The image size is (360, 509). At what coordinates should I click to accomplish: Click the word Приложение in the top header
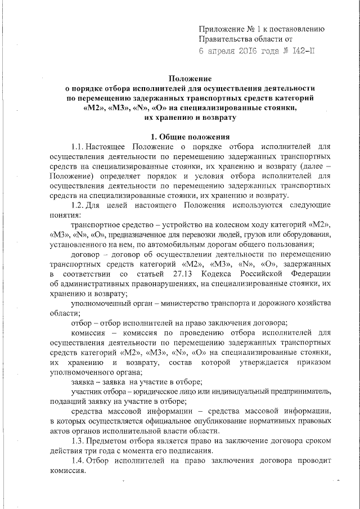(224, 29)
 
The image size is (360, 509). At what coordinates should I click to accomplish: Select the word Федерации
(307, 273)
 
